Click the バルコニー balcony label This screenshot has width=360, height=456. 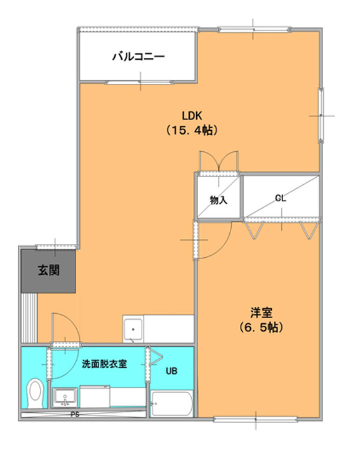click(138, 56)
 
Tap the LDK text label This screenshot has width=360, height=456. click(192, 116)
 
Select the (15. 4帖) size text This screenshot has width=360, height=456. click(192, 130)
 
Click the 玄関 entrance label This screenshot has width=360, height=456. click(48, 271)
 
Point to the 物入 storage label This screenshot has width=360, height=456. click(218, 200)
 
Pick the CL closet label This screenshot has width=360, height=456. click(281, 198)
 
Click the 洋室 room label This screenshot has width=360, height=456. click(261, 312)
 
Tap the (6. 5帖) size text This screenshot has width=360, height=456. click(261, 328)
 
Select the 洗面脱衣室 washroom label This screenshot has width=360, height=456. click(104, 364)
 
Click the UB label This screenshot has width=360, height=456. click(171, 371)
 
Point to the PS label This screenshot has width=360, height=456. click(75, 415)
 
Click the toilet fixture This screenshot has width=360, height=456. click(35, 392)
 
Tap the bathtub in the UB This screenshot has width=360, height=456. click(171, 403)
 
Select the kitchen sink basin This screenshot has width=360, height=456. click(133, 330)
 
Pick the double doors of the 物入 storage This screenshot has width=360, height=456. click(218, 161)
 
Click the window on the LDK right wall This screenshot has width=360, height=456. click(321, 116)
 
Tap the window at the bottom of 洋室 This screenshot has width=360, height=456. click(256, 419)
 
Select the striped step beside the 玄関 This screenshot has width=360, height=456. click(29, 318)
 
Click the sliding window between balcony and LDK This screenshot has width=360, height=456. click(139, 83)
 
